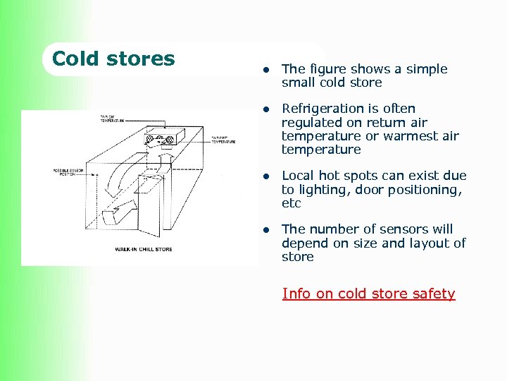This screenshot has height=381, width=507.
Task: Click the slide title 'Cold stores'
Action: [x=113, y=59]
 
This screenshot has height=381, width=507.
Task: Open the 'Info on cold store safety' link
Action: [x=368, y=294]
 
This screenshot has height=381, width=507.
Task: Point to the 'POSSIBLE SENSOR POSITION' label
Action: [x=70, y=174]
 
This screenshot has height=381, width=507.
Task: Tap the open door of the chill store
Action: [x=149, y=201]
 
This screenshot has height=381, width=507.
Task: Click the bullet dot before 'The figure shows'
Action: [x=267, y=69]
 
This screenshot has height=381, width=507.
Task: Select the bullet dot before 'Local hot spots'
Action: [x=267, y=176]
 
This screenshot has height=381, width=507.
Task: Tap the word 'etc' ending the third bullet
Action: [x=291, y=203]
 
